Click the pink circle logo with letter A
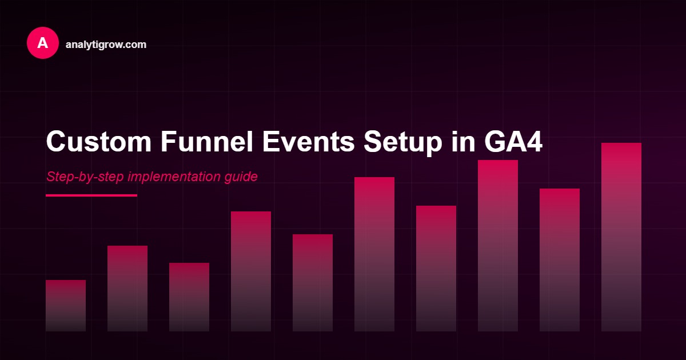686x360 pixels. coord(43,43)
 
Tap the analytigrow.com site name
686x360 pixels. coord(106,44)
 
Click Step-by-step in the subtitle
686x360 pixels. coord(85,177)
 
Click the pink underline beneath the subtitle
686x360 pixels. coord(91,195)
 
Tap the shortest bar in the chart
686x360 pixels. coord(66,306)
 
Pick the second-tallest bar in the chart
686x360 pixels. coord(498,246)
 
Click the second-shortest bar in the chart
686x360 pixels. coord(189,297)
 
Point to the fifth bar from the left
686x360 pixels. coord(313,283)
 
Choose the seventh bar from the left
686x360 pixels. coord(436,269)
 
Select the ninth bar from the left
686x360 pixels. coord(560,260)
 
